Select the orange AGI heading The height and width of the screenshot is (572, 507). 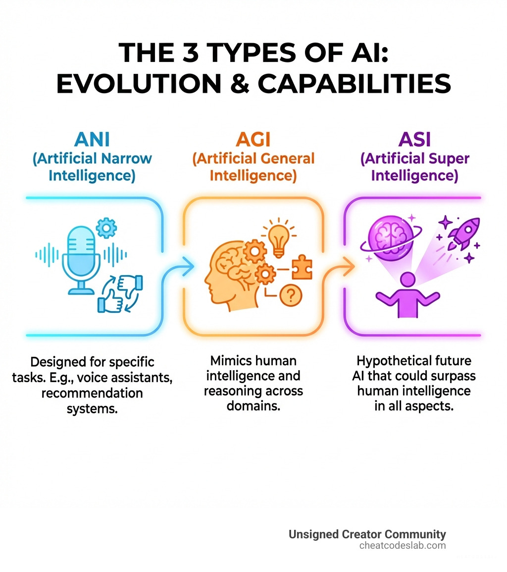tap(253, 139)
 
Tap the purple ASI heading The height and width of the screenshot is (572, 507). tap(414, 139)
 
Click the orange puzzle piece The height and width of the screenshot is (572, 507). tap(302, 268)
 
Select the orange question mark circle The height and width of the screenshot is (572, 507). tap(291, 296)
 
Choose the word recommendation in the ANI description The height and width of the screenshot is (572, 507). tap(92, 394)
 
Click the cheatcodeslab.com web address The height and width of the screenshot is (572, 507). tap(403, 546)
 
